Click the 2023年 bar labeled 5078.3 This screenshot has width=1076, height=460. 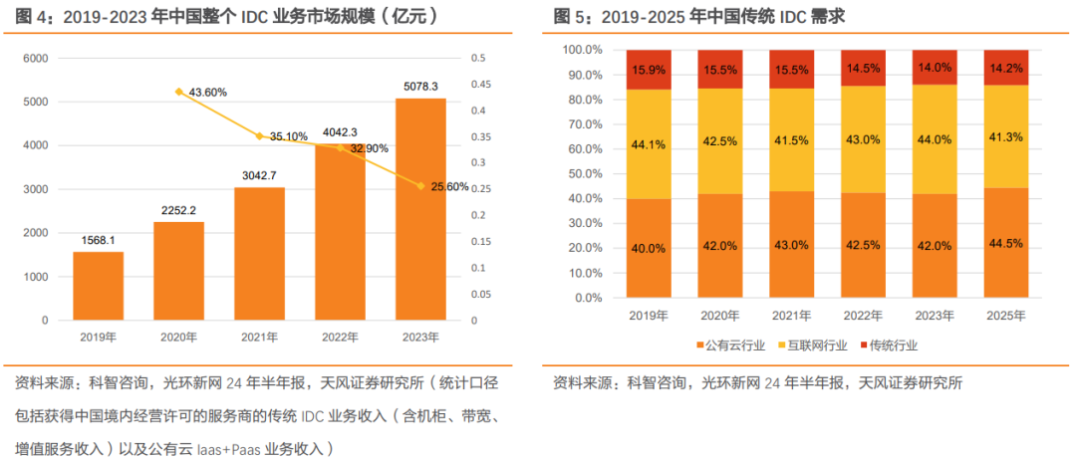pos(420,209)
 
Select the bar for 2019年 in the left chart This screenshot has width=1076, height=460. pos(98,286)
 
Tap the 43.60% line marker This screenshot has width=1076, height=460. pos(179,92)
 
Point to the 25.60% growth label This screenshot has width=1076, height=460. pos(450,186)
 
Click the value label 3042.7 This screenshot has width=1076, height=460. pos(259,175)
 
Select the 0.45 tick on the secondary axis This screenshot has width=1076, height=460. pos(479,85)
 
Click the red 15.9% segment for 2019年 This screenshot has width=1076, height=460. pos(649,70)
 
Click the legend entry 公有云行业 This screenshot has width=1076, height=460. pos(730,345)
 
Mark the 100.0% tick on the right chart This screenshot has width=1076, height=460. pos(583,50)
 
